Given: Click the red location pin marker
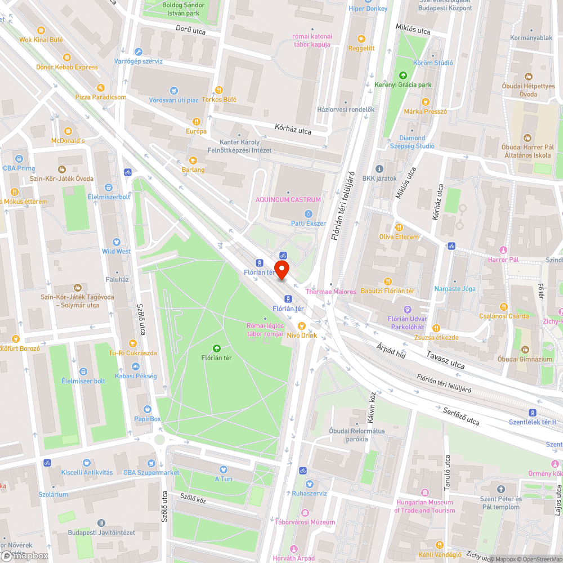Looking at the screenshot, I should pyautogui.click(x=281, y=269).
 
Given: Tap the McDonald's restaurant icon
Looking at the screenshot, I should pyautogui.click(x=68, y=131).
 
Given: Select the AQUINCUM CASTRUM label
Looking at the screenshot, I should pyautogui.click(x=288, y=199).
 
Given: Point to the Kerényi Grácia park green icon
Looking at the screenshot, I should pyautogui.click(x=403, y=75).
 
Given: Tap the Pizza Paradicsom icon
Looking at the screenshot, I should pyautogui.click(x=101, y=87).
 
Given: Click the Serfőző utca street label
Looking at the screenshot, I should pyautogui.click(x=460, y=416).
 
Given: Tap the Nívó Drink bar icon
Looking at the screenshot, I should pyautogui.click(x=301, y=325).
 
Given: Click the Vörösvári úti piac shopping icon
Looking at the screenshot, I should pyautogui.click(x=174, y=91).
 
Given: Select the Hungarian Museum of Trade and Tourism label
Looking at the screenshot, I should pyautogui.click(x=425, y=506).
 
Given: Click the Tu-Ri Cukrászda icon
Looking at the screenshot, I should pyautogui.click(x=133, y=343).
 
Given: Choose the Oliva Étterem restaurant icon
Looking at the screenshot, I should pyautogui.click(x=399, y=227).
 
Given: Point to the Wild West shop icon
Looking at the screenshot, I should pyautogui.click(x=116, y=242).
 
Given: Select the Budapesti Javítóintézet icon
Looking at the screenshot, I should pyautogui.click(x=101, y=523).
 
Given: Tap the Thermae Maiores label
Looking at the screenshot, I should pyautogui.click(x=330, y=292).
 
